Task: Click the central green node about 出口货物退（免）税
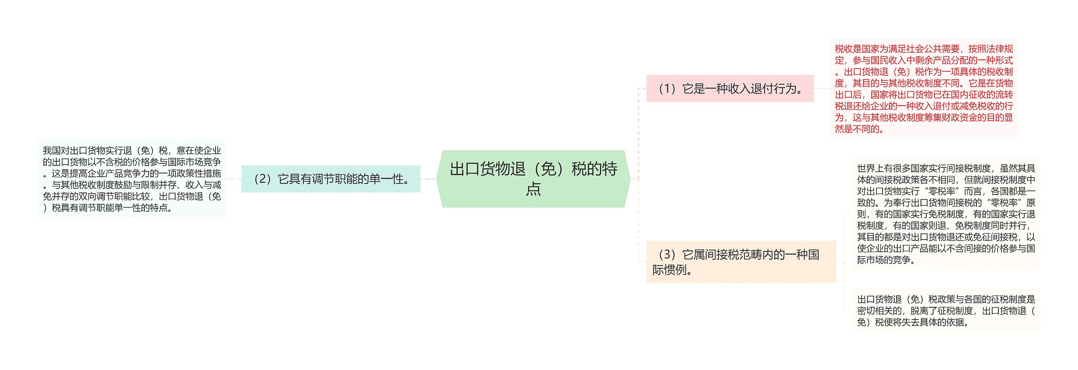pos(533,178)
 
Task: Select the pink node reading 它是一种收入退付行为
pos(730,88)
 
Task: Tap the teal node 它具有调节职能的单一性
pos(331,179)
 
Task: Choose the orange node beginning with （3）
pos(741,262)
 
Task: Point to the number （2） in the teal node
pos(262,179)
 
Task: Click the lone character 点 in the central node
pos(533,189)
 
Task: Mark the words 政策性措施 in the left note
pos(199,173)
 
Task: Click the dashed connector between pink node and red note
pos(822,88)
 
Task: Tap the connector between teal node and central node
pos(428,179)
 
